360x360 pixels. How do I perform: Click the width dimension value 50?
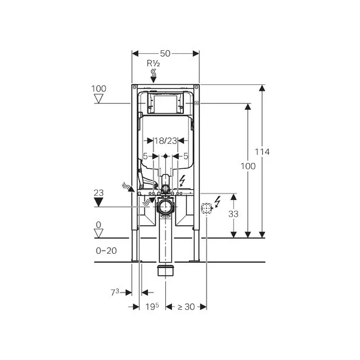(x=165, y=54)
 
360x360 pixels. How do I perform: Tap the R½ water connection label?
(x=153, y=63)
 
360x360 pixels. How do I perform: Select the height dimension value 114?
(x=262, y=152)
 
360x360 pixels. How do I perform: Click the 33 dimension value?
(x=233, y=214)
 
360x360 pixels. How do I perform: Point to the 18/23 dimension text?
(x=165, y=141)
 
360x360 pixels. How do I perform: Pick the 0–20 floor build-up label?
(x=106, y=251)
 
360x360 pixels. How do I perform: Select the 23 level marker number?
(x=99, y=193)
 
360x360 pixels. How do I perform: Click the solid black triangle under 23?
(x=99, y=202)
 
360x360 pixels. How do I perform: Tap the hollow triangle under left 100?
(x=99, y=99)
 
